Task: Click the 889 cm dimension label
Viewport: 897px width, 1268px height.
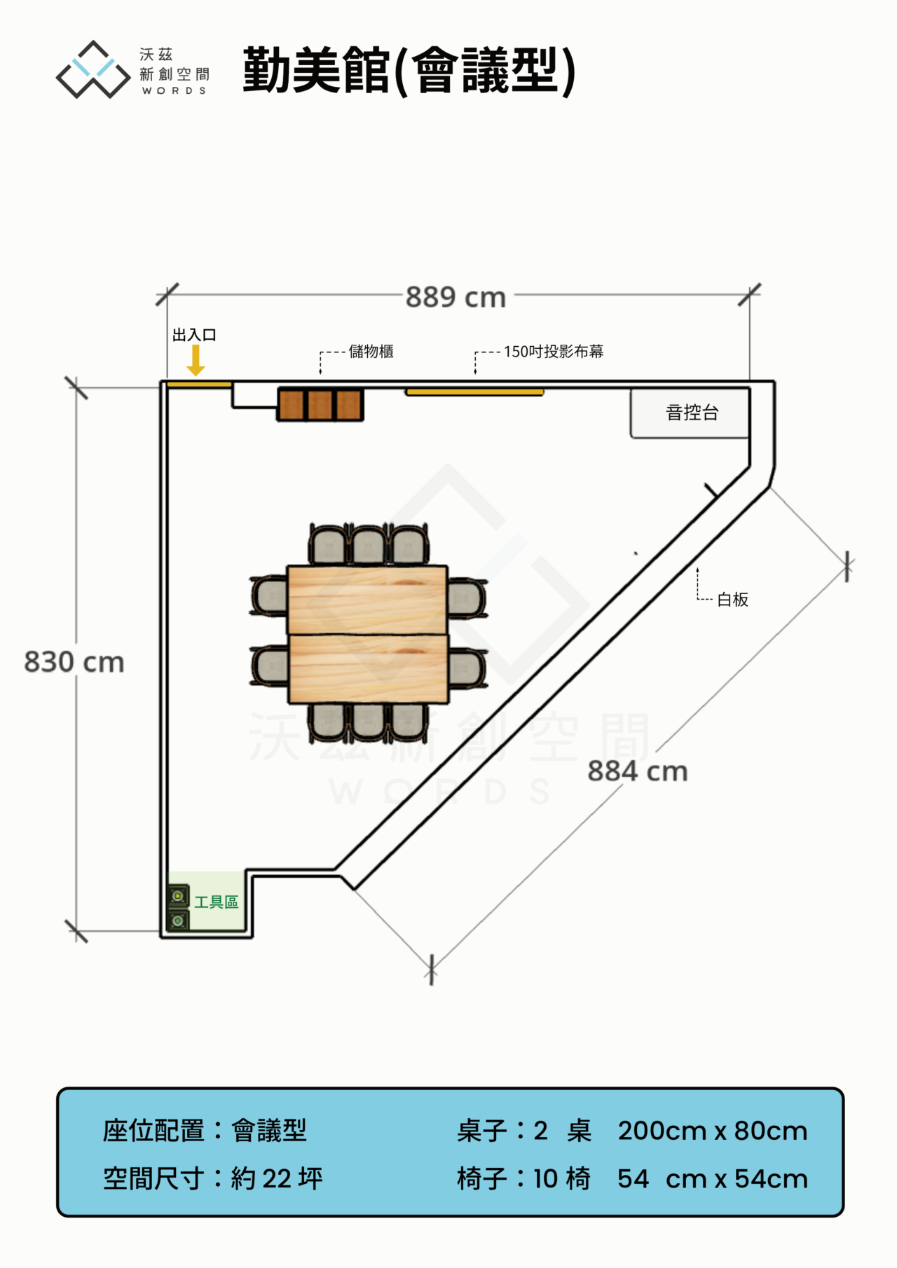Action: click(456, 297)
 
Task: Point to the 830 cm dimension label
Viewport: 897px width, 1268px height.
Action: click(74, 662)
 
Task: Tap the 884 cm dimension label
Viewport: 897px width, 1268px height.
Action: click(638, 771)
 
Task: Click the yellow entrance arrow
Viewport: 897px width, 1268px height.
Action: click(196, 360)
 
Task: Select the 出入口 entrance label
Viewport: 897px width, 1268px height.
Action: click(195, 335)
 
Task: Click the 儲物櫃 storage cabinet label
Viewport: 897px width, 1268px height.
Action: click(371, 351)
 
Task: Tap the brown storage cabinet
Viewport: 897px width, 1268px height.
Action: click(320, 404)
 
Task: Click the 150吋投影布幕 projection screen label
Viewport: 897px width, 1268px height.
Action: click(554, 351)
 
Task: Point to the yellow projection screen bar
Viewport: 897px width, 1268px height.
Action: click(474, 392)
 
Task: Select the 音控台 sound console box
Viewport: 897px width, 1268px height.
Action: click(690, 413)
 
